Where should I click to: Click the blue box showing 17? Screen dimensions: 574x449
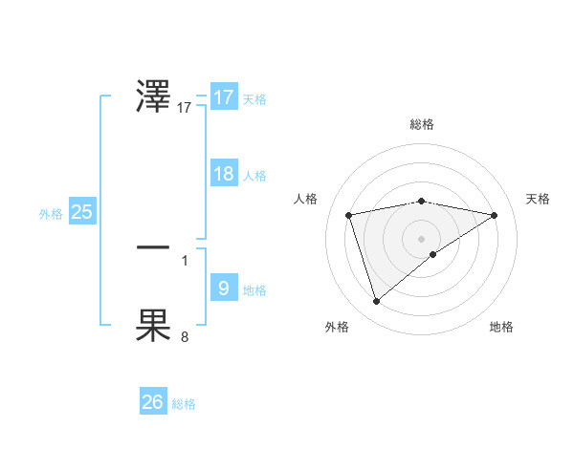(x=223, y=97)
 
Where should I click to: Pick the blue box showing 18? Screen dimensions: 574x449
(x=223, y=174)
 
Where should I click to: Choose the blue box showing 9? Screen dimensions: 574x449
(x=223, y=288)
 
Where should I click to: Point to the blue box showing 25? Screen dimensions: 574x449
(x=82, y=212)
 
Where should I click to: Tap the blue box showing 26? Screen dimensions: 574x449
(x=152, y=402)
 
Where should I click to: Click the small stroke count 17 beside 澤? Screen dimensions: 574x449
(x=185, y=109)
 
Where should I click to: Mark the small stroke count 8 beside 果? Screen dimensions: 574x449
(x=185, y=336)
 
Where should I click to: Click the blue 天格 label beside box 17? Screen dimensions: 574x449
(x=254, y=99)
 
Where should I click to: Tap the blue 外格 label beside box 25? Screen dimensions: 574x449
(x=51, y=215)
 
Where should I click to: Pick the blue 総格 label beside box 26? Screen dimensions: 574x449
(x=184, y=404)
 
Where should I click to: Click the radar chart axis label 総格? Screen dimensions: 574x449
(x=421, y=124)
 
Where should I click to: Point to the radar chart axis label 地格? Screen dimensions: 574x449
(x=501, y=327)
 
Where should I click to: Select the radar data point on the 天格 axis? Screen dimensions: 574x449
(x=495, y=215)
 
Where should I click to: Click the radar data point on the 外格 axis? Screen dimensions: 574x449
(x=377, y=302)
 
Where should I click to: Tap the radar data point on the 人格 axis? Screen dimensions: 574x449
(x=349, y=215)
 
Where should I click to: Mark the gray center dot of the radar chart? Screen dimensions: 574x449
(x=421, y=238)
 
